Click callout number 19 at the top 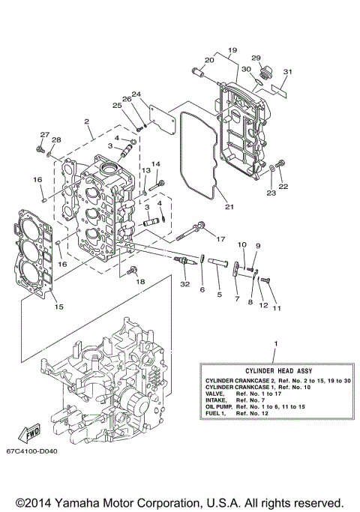[232, 49]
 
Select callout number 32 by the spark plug [185, 284]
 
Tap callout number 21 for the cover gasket [229, 207]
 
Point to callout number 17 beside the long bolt [220, 238]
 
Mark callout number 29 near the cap [256, 58]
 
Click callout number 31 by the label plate [286, 72]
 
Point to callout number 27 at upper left [44, 135]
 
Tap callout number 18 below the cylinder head [140, 281]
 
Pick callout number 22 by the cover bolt [283, 187]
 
